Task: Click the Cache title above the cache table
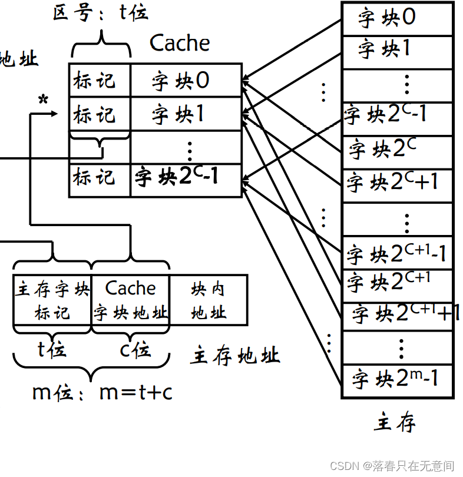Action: (180, 43)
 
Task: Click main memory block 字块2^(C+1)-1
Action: (396, 254)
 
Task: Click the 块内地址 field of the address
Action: (209, 300)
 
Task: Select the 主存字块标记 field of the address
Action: (52, 300)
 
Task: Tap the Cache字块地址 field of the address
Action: (131, 300)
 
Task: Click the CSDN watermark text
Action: (392, 466)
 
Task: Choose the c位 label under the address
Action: (135, 350)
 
